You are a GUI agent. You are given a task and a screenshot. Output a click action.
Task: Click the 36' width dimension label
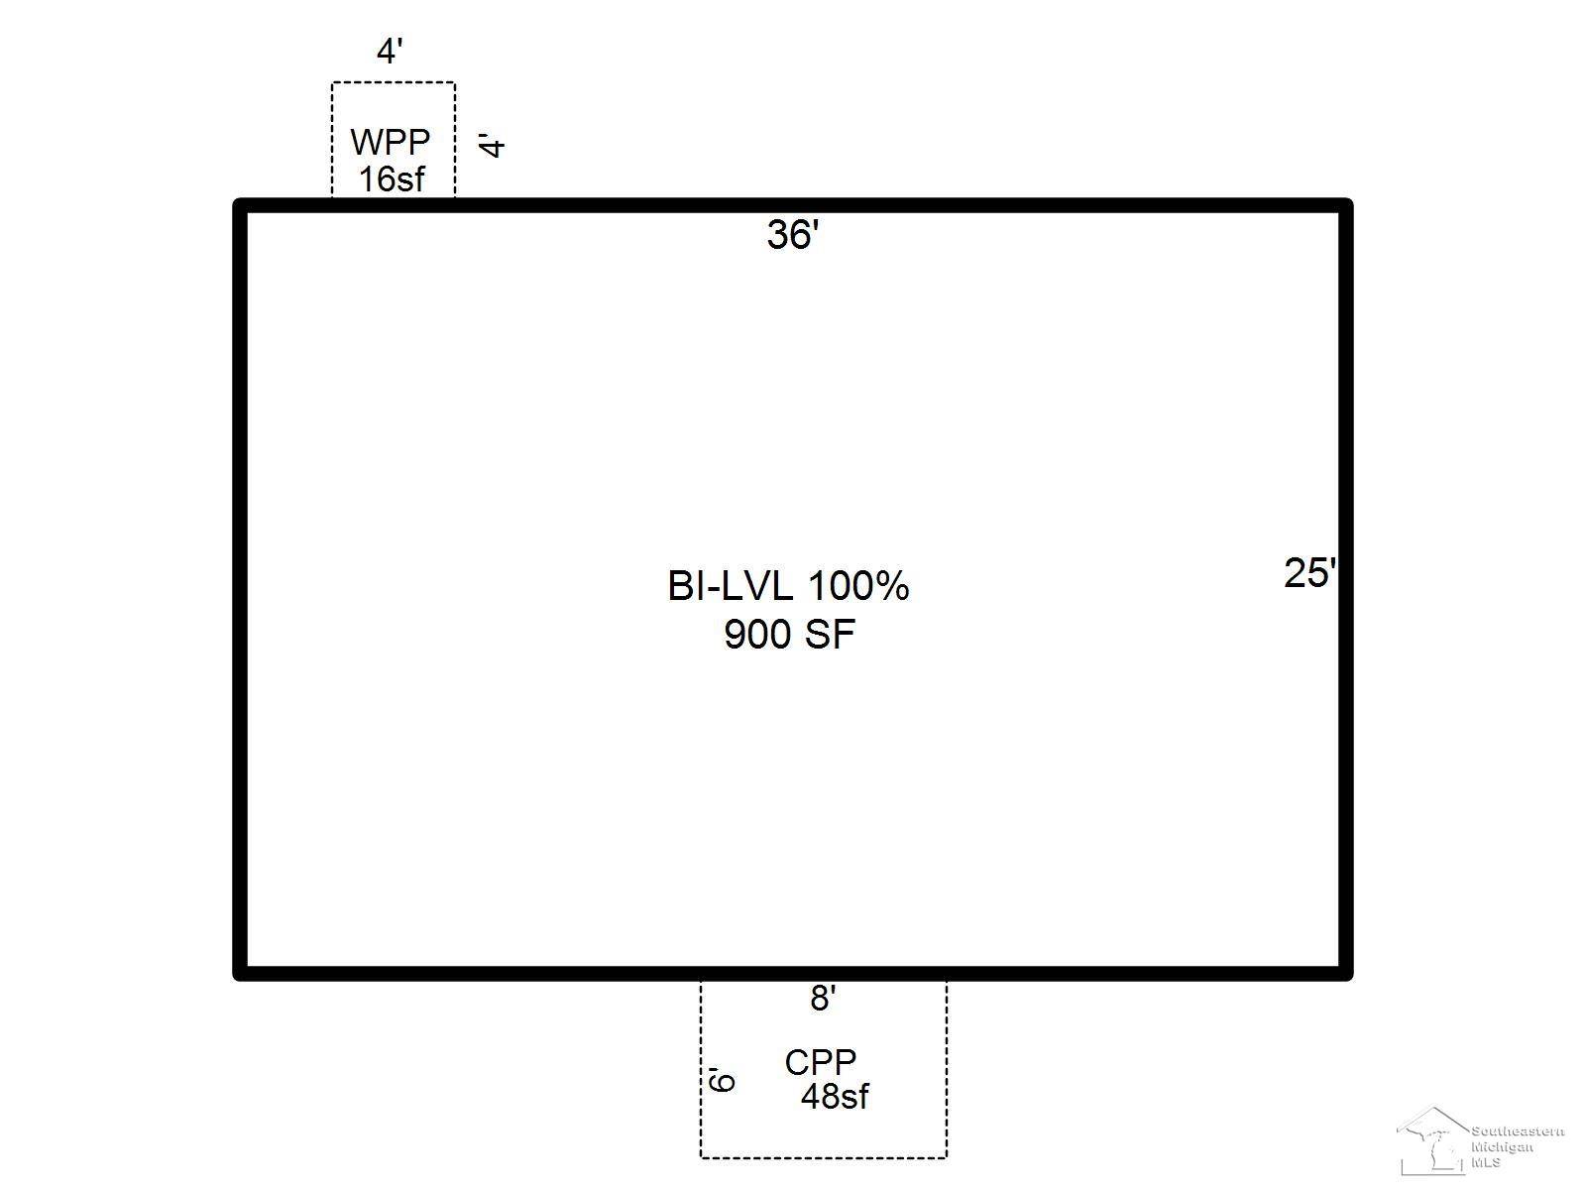point(792,235)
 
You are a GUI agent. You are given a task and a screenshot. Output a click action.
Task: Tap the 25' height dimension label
point(1309,573)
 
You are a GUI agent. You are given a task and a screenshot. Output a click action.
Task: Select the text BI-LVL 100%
point(788,586)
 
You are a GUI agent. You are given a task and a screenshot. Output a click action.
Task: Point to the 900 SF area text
point(789,634)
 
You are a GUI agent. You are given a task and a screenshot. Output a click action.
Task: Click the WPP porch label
point(391,143)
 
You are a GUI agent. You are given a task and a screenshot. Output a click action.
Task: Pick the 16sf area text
point(392,179)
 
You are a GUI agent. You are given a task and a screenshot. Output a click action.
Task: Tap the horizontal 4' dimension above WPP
point(390,52)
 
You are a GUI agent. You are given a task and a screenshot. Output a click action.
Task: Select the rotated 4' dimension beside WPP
point(492,145)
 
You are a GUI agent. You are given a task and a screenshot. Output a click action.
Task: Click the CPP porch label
point(820,1062)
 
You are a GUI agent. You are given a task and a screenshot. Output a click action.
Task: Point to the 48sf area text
point(835,1097)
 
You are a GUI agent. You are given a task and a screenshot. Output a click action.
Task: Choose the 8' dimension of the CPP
point(823,999)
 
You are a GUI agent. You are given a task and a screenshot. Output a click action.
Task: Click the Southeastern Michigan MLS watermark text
point(1517,1146)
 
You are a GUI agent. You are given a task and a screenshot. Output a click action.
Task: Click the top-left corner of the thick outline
point(240,205)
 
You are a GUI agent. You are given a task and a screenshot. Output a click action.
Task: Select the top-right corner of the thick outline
point(1346,205)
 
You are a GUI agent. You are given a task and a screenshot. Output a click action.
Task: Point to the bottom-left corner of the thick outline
point(240,974)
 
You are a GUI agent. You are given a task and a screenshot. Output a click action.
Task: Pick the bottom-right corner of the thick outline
point(1346,974)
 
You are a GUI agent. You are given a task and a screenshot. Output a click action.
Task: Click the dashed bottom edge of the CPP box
point(823,1156)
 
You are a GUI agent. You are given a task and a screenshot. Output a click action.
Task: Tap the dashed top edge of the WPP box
point(394,83)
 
